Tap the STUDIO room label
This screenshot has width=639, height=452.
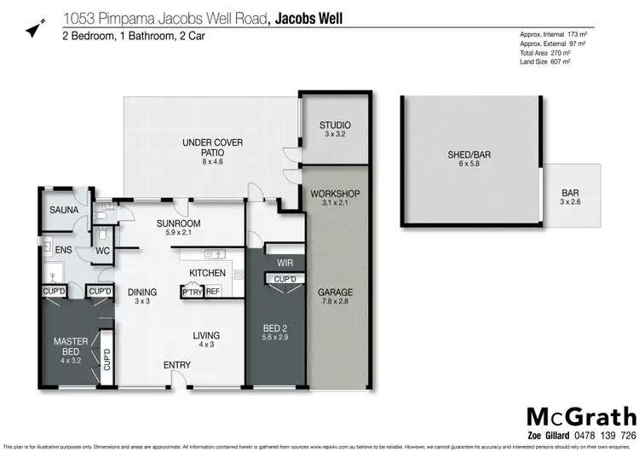(x=335, y=126)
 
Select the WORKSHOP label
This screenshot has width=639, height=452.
(x=335, y=194)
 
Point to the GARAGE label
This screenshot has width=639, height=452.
(x=335, y=293)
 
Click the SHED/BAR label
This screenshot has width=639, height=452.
(x=470, y=155)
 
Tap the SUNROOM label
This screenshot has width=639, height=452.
(x=177, y=225)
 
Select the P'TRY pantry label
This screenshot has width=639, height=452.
(x=192, y=292)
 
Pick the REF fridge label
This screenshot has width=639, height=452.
(x=212, y=292)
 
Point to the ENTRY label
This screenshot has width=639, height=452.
(x=177, y=366)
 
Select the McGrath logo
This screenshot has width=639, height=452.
(x=582, y=416)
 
